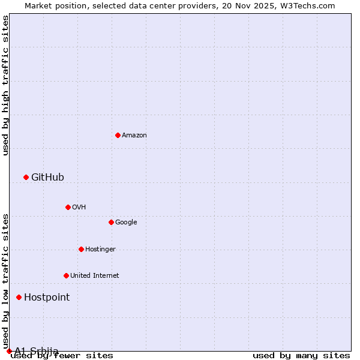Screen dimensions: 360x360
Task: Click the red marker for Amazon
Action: coord(118,135)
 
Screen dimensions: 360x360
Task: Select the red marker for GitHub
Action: coord(26,177)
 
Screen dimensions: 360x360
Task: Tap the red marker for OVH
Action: coord(68,207)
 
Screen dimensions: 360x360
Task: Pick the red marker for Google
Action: coord(111,222)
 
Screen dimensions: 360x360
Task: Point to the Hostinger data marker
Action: coord(81,249)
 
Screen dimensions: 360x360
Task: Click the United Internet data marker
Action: coord(66,275)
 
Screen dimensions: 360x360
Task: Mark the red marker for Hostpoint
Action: coord(19,297)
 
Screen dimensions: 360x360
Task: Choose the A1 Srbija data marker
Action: coord(9,351)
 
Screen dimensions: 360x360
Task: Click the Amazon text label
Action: coord(134,136)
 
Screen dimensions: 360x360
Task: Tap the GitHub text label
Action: coord(47,177)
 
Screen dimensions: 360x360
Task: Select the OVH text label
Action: coord(79,208)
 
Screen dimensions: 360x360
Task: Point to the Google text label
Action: coord(126,223)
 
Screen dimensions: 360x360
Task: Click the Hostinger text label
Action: coord(100,250)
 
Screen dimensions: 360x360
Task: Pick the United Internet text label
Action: coord(94,276)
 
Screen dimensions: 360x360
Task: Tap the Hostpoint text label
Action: coord(47,298)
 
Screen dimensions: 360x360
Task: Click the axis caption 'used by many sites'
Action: coord(301,356)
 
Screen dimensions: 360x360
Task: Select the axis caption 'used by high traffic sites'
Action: coord(6,85)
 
